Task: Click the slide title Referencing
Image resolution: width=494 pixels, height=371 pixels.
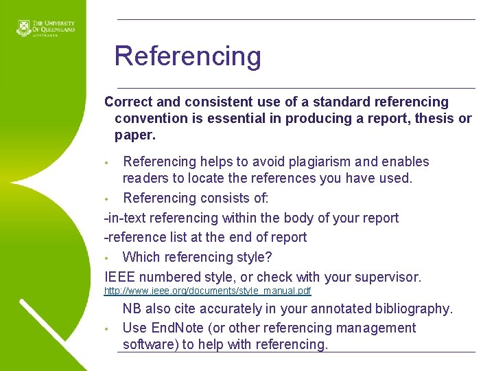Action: [x=188, y=56]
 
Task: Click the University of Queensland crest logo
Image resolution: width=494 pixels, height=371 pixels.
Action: [x=23, y=28]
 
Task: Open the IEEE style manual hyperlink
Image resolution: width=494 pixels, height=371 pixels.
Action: [x=208, y=291]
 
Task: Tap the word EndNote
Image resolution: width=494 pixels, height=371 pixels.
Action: [x=177, y=328]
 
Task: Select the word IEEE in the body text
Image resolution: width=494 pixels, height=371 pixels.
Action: [x=119, y=277]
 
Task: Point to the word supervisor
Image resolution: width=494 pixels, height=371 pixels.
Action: [x=388, y=278]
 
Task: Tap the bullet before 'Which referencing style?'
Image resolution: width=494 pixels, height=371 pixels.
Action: [x=106, y=258]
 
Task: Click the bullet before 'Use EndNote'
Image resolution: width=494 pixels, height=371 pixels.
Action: [x=106, y=329]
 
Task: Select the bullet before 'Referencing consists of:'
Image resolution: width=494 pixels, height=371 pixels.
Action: [x=106, y=199]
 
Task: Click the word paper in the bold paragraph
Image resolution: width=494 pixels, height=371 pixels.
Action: [x=135, y=135]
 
